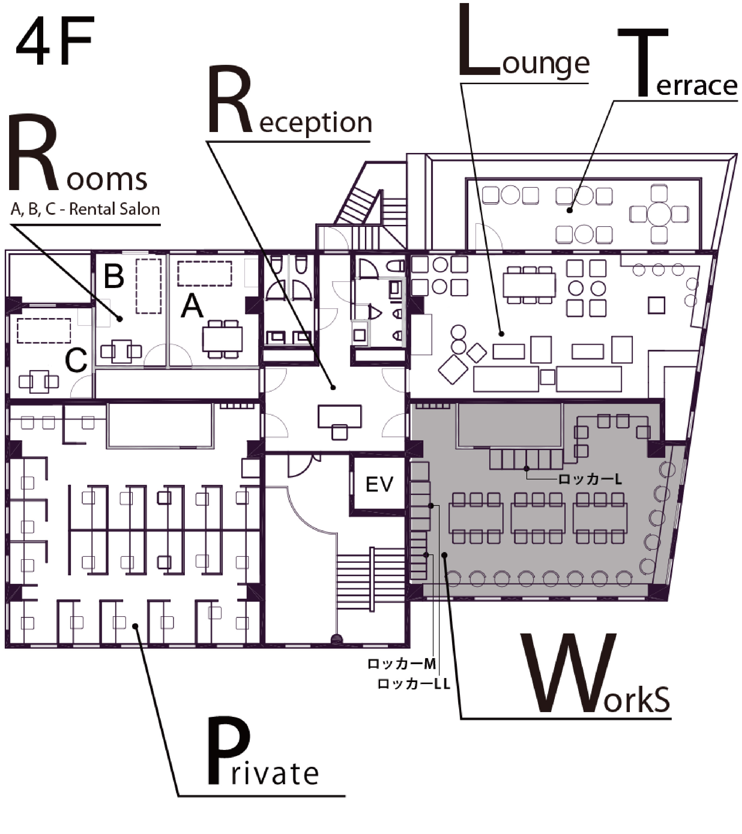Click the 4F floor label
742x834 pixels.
(x=55, y=41)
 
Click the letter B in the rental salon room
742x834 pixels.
(x=114, y=276)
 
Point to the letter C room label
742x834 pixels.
(x=76, y=360)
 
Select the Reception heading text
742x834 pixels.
(x=290, y=102)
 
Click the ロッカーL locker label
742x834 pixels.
(x=590, y=479)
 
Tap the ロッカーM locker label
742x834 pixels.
(x=402, y=664)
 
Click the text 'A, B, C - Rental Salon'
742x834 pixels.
(x=85, y=209)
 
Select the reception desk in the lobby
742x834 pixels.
(x=339, y=416)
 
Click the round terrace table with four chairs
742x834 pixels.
(x=659, y=214)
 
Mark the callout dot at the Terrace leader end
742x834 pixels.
(x=569, y=211)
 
